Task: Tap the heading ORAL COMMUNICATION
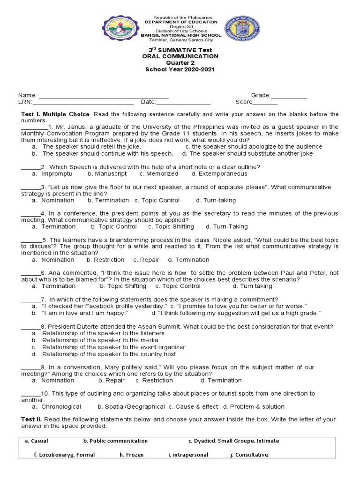tap(180, 56)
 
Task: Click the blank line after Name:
tap(104, 96)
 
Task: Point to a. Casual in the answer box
tap(37, 441)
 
